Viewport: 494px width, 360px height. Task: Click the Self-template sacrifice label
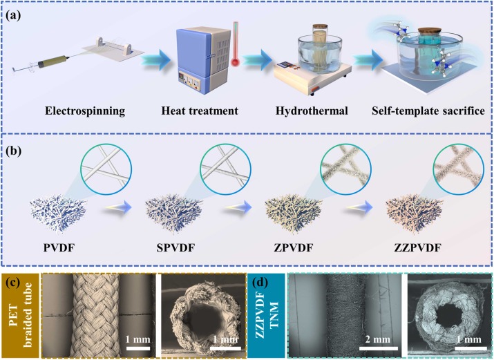click(x=417, y=111)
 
